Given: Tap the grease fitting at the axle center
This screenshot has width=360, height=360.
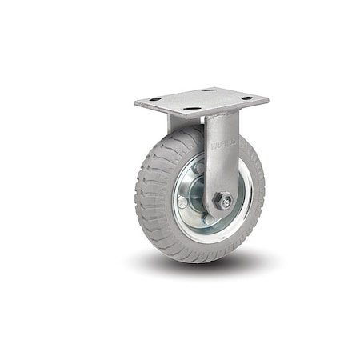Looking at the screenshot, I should pyautogui.click(x=227, y=202).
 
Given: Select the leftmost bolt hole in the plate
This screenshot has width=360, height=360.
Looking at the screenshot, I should pyautogui.click(x=154, y=99).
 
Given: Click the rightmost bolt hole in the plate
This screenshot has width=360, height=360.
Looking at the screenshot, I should pyautogui.click(x=247, y=98).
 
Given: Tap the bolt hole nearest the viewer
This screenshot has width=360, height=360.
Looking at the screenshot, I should pyautogui.click(x=192, y=109).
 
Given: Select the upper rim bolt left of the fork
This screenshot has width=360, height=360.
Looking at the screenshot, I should pyautogui.click(x=196, y=169).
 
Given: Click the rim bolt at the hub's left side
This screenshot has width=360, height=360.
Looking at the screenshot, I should pyautogui.click(x=183, y=202).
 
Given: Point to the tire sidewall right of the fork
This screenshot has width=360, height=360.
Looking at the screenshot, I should pyautogui.click(x=254, y=184).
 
